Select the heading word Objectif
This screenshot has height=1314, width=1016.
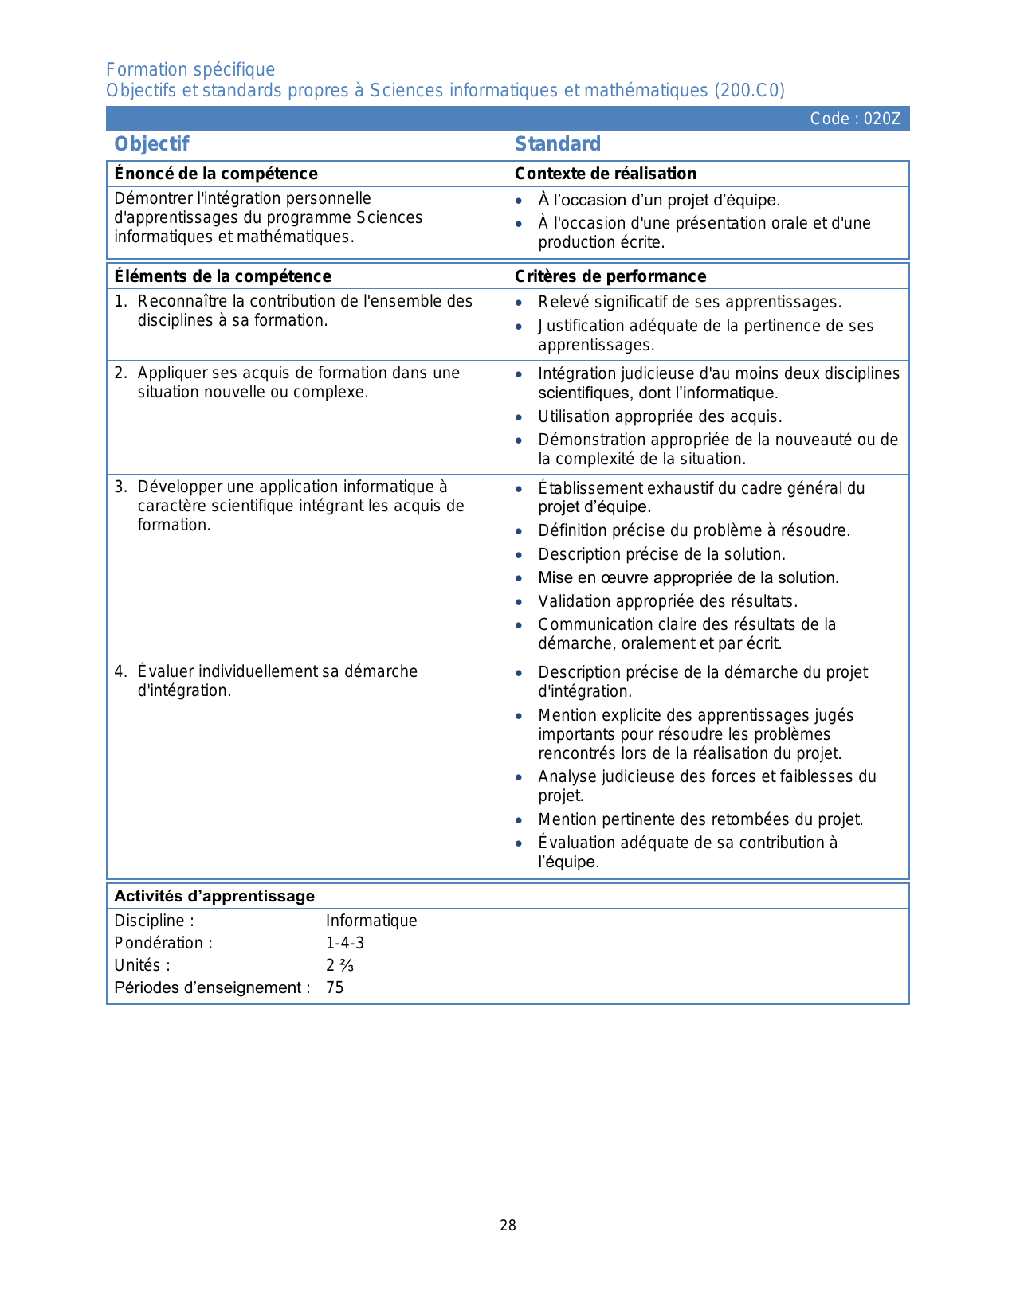pos(151,144)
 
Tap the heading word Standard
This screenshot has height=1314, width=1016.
pos(558,144)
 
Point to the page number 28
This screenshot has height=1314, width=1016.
pos(508,1226)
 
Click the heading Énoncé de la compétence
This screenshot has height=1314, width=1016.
pos(216,174)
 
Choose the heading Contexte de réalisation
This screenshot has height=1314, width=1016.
pos(606,174)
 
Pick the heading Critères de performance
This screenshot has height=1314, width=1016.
pos(610,276)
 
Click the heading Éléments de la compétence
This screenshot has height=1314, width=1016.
pos(222,276)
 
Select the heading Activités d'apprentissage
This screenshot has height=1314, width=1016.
pos(214,896)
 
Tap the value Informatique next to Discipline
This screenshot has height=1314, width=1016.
pos(371,921)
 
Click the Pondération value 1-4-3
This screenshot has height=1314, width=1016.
pos(345,943)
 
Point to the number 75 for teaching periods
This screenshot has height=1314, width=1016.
pos(335,987)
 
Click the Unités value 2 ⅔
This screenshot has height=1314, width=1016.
pos(339,965)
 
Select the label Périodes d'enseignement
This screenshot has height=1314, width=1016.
pos(212,987)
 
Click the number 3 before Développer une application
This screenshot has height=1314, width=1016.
pos(120,487)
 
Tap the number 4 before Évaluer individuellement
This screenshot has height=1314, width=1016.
pos(120,671)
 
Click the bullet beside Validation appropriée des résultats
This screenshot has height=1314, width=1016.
pos(519,602)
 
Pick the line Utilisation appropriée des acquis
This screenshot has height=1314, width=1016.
pos(660,416)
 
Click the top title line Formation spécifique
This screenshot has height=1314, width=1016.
pos(190,69)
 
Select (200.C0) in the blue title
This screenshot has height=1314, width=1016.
pos(749,90)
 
